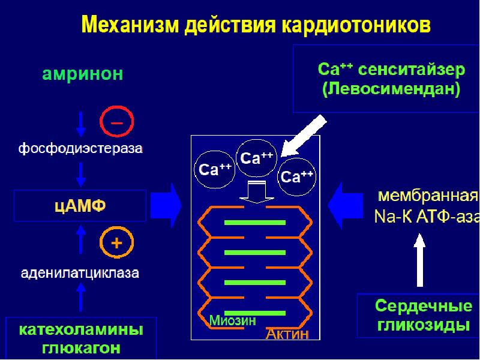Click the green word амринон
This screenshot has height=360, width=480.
pos(83,74)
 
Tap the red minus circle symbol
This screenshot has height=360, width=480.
pos(116,122)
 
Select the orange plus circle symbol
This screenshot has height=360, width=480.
pos(116,243)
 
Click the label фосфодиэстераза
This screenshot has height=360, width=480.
pos(80,148)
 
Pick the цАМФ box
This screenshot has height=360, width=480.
pos(80,206)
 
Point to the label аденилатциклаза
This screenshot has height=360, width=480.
pos(80,274)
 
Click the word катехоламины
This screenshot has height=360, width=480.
pos(81,330)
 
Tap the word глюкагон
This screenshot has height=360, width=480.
pos(81,348)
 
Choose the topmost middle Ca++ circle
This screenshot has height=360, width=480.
pos(257,158)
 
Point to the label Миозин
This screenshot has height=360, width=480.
pos(233,321)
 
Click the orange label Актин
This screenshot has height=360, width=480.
pos(287,334)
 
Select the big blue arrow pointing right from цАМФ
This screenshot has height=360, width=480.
pos(166,205)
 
